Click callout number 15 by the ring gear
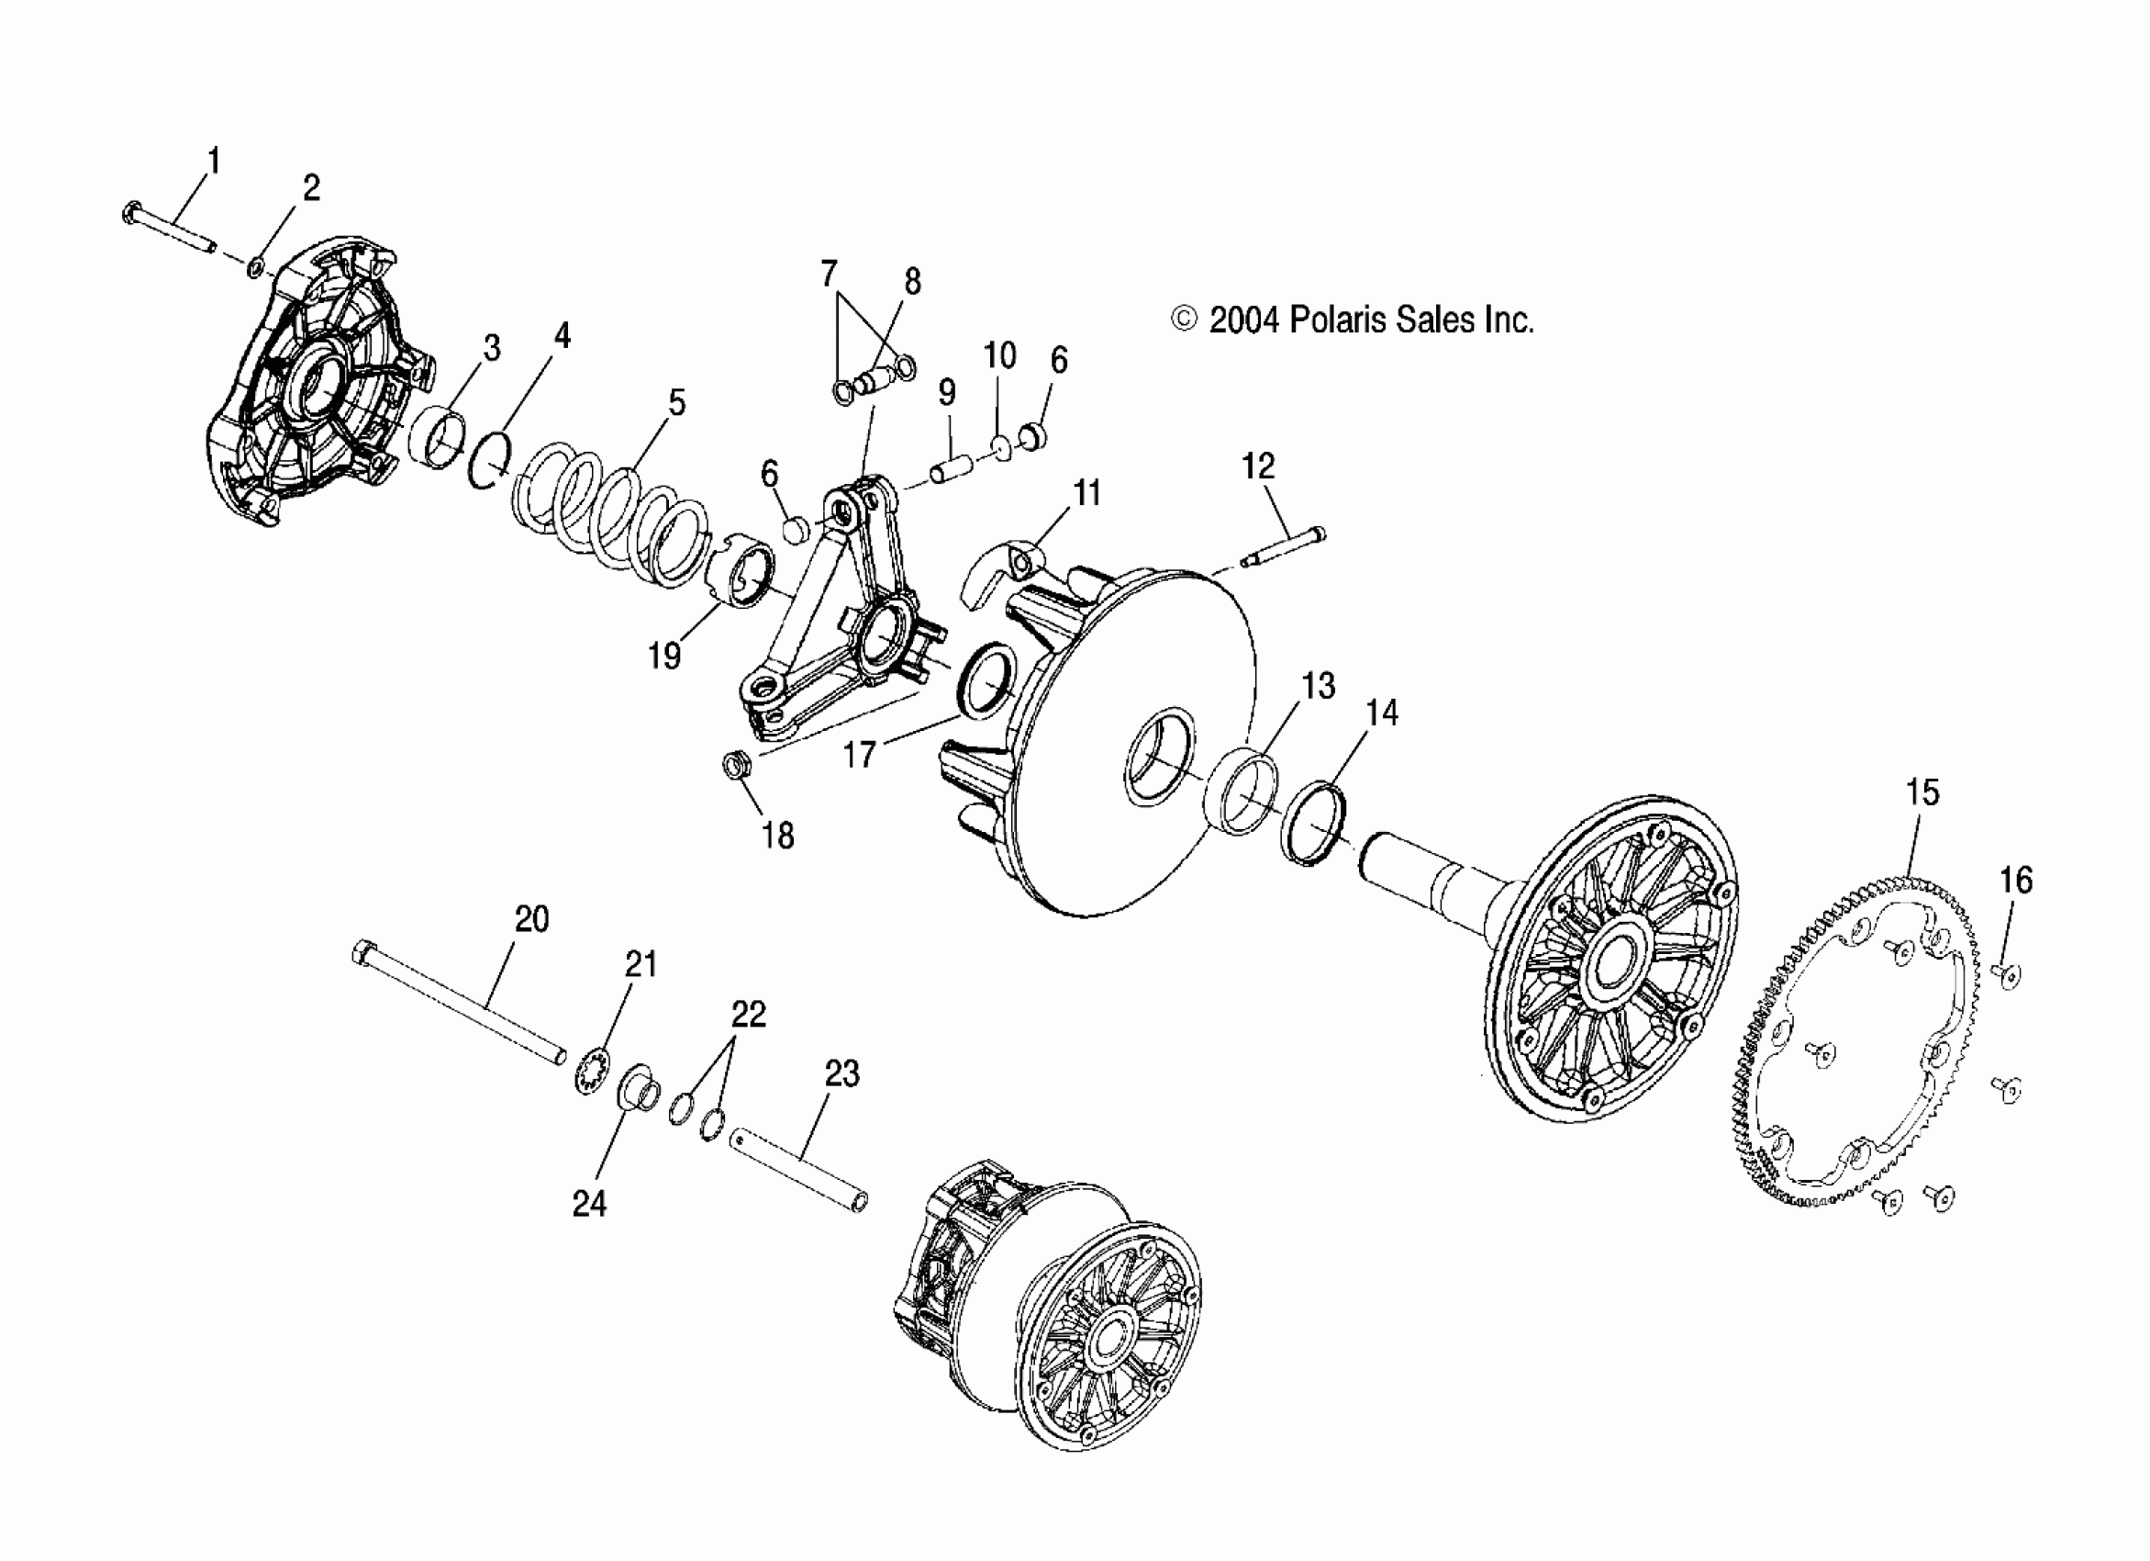tap(1922, 792)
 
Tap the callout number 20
tap(532, 919)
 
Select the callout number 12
tap(1258, 466)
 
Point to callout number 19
tap(664, 656)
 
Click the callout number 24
tap(589, 1204)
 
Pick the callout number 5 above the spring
tap(676, 402)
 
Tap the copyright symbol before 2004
tap(1184, 320)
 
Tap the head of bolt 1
tap(132, 213)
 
